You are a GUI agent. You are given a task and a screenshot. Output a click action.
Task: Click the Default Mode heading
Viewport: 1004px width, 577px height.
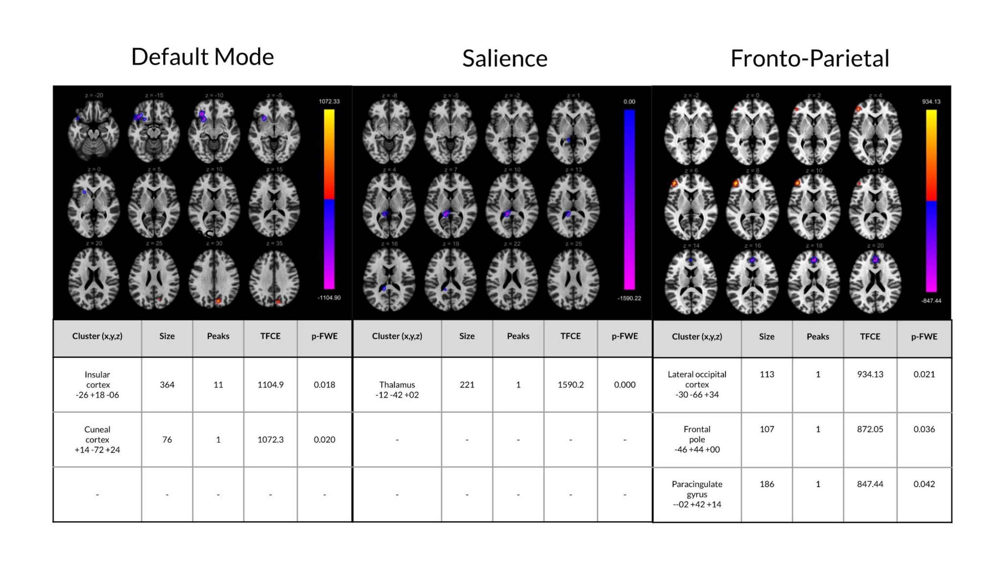click(x=202, y=57)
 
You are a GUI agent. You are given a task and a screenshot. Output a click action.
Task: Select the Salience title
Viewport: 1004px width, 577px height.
click(x=505, y=58)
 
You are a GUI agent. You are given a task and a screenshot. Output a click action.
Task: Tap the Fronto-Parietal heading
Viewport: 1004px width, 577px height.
click(x=810, y=58)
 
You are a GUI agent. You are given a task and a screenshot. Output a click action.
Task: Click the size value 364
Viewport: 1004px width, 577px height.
click(x=167, y=384)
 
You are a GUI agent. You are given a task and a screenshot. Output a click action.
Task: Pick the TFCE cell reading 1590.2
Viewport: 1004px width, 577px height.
click(x=570, y=384)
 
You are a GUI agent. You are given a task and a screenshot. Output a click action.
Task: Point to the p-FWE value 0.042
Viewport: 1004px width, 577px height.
click(x=924, y=484)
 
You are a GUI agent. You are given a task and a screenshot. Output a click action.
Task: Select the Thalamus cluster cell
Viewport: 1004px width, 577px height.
click(x=397, y=389)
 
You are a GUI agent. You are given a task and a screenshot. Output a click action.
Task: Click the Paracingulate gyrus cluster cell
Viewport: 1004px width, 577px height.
click(x=697, y=494)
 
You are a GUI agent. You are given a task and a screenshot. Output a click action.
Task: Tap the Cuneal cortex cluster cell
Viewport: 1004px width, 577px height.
click(x=97, y=439)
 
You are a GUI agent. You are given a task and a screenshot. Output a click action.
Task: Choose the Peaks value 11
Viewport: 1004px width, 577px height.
click(x=218, y=384)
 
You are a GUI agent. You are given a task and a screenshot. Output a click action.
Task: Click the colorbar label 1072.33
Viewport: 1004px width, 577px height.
click(x=329, y=102)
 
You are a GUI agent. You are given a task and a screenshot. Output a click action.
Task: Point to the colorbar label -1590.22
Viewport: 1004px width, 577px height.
click(x=629, y=298)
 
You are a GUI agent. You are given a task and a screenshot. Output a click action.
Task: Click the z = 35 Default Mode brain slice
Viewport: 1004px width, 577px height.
click(x=274, y=280)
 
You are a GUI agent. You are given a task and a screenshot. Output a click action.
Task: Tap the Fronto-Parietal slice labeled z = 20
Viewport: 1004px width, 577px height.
click(x=875, y=280)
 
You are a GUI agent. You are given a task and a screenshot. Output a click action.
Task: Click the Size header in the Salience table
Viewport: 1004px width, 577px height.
click(x=467, y=336)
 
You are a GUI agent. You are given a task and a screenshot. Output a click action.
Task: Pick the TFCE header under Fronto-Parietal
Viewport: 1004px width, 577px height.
click(x=870, y=336)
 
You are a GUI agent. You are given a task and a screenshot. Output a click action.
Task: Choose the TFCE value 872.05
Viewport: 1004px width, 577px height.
click(x=870, y=429)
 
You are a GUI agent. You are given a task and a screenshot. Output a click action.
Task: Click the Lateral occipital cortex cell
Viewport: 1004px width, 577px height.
click(x=697, y=384)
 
